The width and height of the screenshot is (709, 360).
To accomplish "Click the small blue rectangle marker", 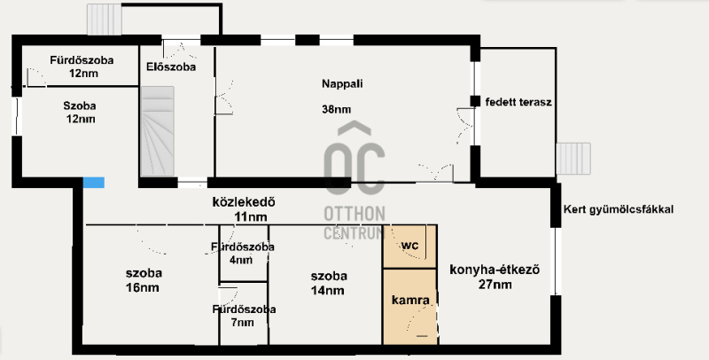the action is click(94, 183).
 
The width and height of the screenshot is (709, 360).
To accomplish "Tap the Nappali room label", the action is click(342, 83).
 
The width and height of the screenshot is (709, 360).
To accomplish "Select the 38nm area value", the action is click(337, 109).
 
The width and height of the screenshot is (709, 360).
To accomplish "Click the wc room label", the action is click(409, 246).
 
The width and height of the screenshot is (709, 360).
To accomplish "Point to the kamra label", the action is click(410, 300).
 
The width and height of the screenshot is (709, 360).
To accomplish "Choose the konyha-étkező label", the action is click(495, 270).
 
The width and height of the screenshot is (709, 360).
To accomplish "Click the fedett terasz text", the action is click(518, 102).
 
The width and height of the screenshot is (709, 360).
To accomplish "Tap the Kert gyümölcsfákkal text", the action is click(619, 209).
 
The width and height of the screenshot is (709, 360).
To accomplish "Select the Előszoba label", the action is click(171, 67).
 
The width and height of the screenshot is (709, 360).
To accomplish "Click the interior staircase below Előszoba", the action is click(158, 131).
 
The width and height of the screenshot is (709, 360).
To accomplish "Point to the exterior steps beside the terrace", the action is click(573, 159).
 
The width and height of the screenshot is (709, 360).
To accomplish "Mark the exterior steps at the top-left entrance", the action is click(105, 19).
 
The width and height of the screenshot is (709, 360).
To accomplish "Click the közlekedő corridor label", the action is click(244, 201).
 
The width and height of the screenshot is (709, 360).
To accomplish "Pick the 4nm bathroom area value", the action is click(240, 260).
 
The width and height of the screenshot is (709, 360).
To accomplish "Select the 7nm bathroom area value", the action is click(242, 323).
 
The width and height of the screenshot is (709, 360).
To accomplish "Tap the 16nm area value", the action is click(143, 287).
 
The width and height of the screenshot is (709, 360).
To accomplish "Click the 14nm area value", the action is click(327, 290).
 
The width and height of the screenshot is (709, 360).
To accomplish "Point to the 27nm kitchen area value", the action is click(495, 285).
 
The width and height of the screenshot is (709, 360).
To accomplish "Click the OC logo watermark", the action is click(354, 159).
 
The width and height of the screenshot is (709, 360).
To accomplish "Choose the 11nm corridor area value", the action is click(251, 217).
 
